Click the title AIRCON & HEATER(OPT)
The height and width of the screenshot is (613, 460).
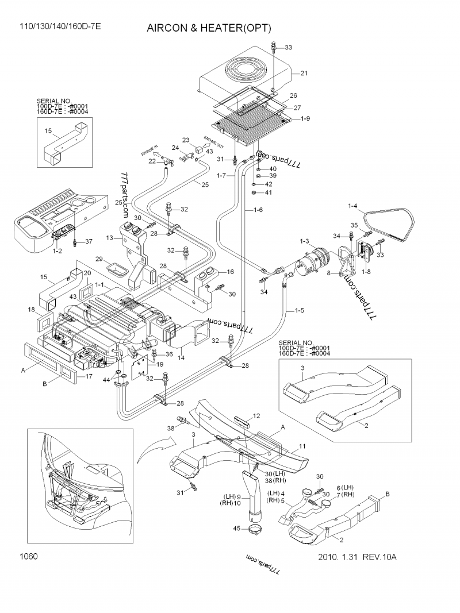tap(208, 28)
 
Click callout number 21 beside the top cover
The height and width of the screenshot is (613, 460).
tap(304, 73)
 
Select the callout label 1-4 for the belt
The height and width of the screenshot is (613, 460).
tap(352, 206)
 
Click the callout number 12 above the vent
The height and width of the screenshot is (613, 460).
tap(256, 415)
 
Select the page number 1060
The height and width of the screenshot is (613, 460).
tap(29, 556)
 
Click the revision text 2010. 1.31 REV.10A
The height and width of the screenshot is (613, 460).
tap(357, 557)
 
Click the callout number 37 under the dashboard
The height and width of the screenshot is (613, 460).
tap(89, 241)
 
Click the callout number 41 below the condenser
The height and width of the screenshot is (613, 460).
tap(269, 192)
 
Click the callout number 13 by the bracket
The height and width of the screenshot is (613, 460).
tap(110, 237)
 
